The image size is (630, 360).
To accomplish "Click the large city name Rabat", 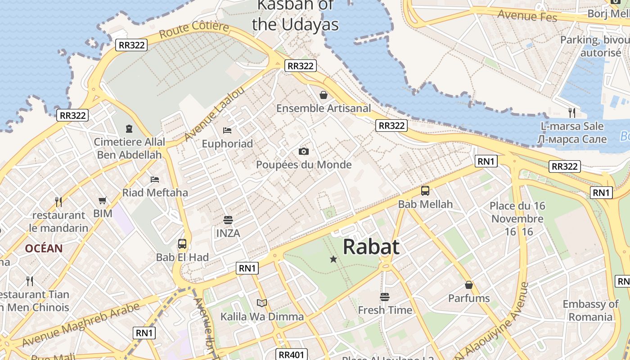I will pyautogui.click(x=371, y=247).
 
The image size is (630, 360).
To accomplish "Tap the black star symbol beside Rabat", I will pyautogui.click(x=333, y=259).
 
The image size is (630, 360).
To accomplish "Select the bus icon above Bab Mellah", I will pyautogui.click(x=425, y=191).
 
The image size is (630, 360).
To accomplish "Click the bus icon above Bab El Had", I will pyautogui.click(x=182, y=244).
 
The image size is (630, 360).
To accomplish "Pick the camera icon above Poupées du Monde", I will pyautogui.click(x=304, y=151).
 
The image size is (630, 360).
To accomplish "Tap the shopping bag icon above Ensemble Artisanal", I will pyautogui.click(x=323, y=94).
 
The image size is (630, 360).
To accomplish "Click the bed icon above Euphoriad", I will pyautogui.click(x=227, y=130).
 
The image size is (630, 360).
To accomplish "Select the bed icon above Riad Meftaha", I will pyautogui.click(x=155, y=179).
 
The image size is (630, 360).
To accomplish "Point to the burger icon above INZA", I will pyautogui.click(x=228, y=220).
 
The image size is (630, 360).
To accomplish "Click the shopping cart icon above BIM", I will pyautogui.click(x=103, y=200).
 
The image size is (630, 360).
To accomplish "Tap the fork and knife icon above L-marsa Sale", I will pyautogui.click(x=572, y=112).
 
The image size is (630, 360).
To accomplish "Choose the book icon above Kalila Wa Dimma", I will pyautogui.click(x=262, y=303).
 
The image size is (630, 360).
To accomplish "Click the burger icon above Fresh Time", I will pyautogui.click(x=384, y=297).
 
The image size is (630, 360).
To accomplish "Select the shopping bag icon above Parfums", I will pyautogui.click(x=469, y=285).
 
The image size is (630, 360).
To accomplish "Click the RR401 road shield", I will pyautogui.click(x=292, y=355).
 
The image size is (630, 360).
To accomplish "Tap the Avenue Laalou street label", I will pyautogui.click(x=215, y=113).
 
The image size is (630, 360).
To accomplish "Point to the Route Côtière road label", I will pyautogui.click(x=194, y=30).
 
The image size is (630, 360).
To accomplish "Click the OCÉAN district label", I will pyautogui.click(x=44, y=248).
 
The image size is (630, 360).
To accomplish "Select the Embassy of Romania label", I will pyautogui.click(x=590, y=310).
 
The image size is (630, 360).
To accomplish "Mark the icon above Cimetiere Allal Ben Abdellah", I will pyautogui.click(x=129, y=129).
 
